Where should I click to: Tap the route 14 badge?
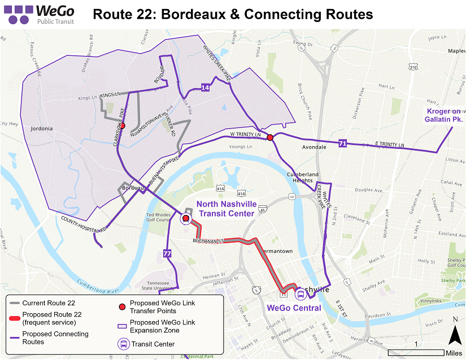click(x=205, y=87)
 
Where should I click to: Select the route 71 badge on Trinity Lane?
click(x=342, y=144)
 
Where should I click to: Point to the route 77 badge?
click(x=167, y=253)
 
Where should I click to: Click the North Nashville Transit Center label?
click(x=225, y=208)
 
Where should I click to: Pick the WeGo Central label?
click(x=294, y=308)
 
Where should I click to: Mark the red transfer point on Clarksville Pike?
click(x=122, y=127)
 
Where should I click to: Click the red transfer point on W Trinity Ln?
click(x=270, y=138)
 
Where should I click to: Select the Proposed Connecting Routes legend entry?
click(x=55, y=338)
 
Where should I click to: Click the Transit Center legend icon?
click(x=123, y=344)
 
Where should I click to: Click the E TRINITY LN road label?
click(x=390, y=146)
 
